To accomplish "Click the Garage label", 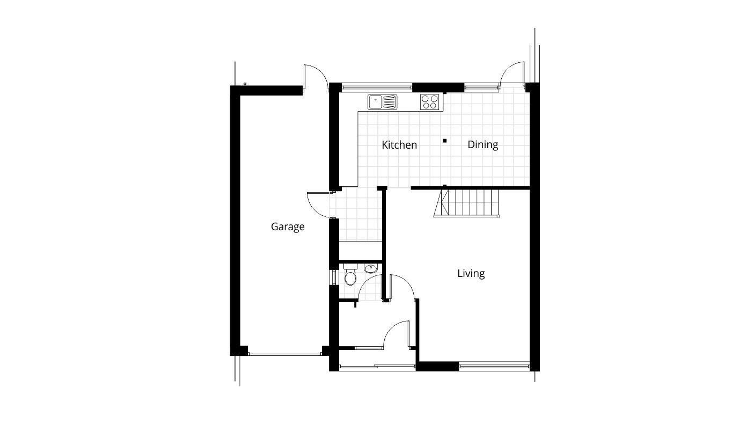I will click(x=287, y=226).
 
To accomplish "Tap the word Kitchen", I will click(x=399, y=145).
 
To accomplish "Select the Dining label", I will click(x=482, y=145).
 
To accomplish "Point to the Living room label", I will click(x=471, y=274).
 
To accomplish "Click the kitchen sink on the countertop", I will click(x=382, y=101).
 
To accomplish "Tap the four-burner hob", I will click(x=429, y=101).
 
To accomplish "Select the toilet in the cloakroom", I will click(x=350, y=275).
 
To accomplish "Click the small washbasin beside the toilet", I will click(x=370, y=268).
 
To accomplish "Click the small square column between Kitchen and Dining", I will click(x=444, y=141).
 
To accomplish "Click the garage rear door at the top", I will click(x=315, y=77).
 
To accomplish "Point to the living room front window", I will click(x=494, y=367).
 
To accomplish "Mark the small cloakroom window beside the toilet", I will click(x=333, y=277).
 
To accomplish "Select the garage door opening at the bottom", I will click(x=284, y=353).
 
